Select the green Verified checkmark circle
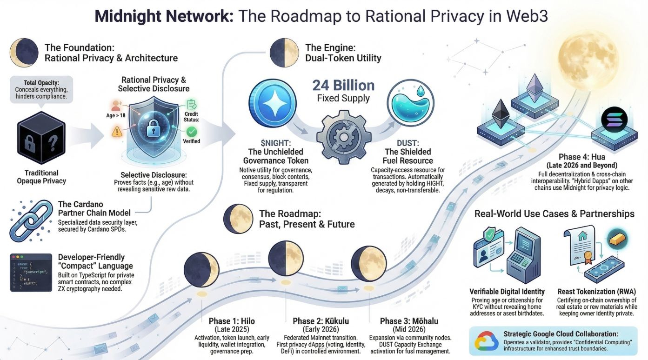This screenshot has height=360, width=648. [192, 132]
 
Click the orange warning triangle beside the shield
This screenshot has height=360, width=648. [116, 133]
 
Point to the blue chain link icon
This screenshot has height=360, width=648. [31, 221]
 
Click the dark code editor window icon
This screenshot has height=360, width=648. [31, 272]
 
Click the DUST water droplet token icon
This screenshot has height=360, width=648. [410, 103]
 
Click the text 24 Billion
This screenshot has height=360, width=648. [343, 86]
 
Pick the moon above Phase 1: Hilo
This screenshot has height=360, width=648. [201, 270]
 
